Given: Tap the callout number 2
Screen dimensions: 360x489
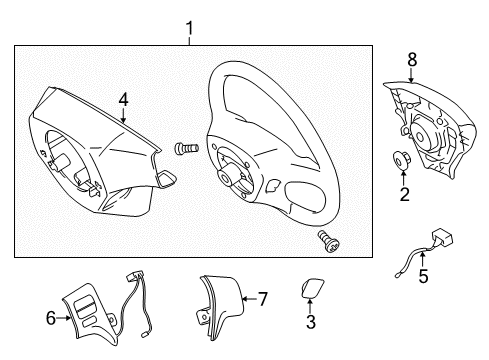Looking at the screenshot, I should click(404, 194).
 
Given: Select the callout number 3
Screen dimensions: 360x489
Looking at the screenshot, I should click(310, 322).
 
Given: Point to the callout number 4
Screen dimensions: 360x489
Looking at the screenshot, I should click(123, 99).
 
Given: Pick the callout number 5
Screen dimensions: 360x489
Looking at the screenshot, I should click(421, 276).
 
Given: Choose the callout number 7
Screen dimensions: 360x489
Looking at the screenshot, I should click(263, 298).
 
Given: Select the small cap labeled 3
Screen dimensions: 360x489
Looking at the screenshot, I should click(310, 290).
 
